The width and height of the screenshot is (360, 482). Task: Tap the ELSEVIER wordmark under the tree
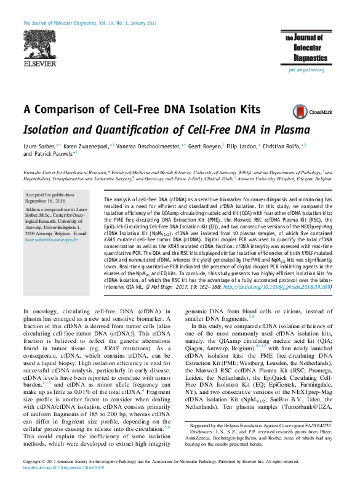pyautogui.click(x=39, y=63)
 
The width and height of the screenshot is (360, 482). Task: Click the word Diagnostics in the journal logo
pyautogui.click(x=310, y=57)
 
